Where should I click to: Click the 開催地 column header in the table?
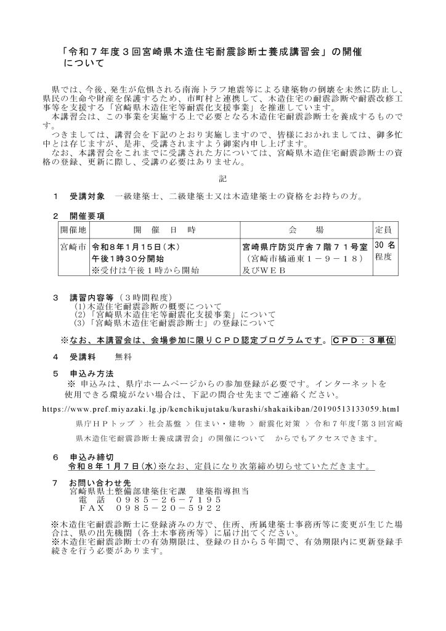pos(73,229)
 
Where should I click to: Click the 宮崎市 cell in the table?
pos(73,246)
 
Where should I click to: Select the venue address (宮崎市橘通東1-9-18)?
pos(304,258)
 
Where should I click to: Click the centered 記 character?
pos(223,179)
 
